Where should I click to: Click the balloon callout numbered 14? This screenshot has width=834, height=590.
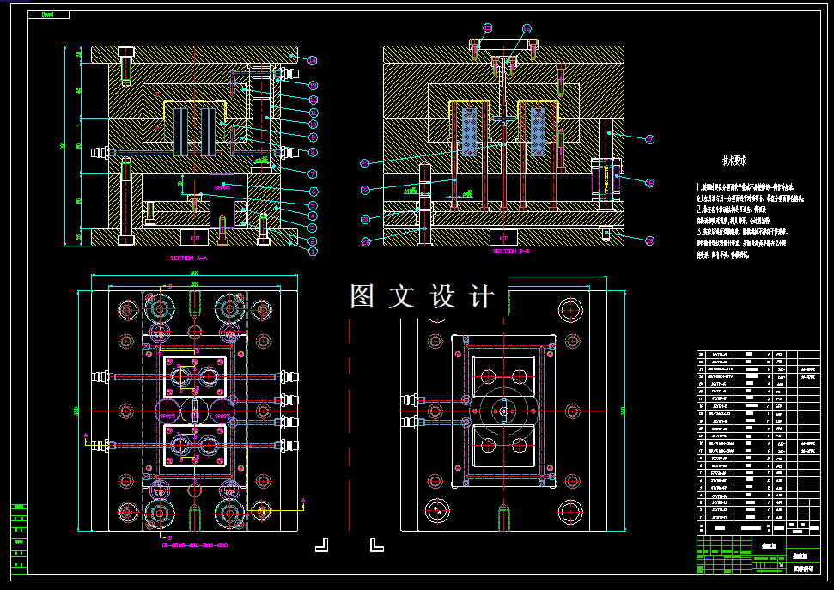[314, 60]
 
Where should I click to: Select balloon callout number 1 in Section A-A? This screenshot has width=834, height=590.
[314, 252]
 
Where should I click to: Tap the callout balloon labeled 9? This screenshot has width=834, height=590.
[314, 137]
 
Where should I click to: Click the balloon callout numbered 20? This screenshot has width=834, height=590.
[365, 241]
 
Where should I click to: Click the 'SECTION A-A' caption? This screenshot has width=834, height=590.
[189, 258]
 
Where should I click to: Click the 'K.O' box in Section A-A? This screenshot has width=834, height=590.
[194, 237]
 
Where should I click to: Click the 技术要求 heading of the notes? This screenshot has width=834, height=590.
[734, 160]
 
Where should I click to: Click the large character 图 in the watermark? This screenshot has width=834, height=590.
[361, 296]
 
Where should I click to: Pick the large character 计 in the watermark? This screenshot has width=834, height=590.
[484, 296]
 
